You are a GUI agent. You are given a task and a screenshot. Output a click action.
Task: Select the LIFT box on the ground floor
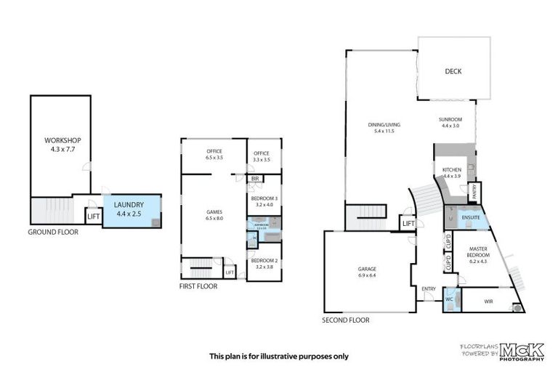tap(93, 216)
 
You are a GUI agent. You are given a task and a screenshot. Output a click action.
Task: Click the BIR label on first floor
tap(255, 179)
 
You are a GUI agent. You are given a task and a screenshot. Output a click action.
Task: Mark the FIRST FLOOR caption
tap(198, 286)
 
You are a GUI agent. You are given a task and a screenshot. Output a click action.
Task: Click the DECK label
tap(453, 71)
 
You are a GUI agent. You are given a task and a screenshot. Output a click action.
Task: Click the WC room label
tap(449, 298)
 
